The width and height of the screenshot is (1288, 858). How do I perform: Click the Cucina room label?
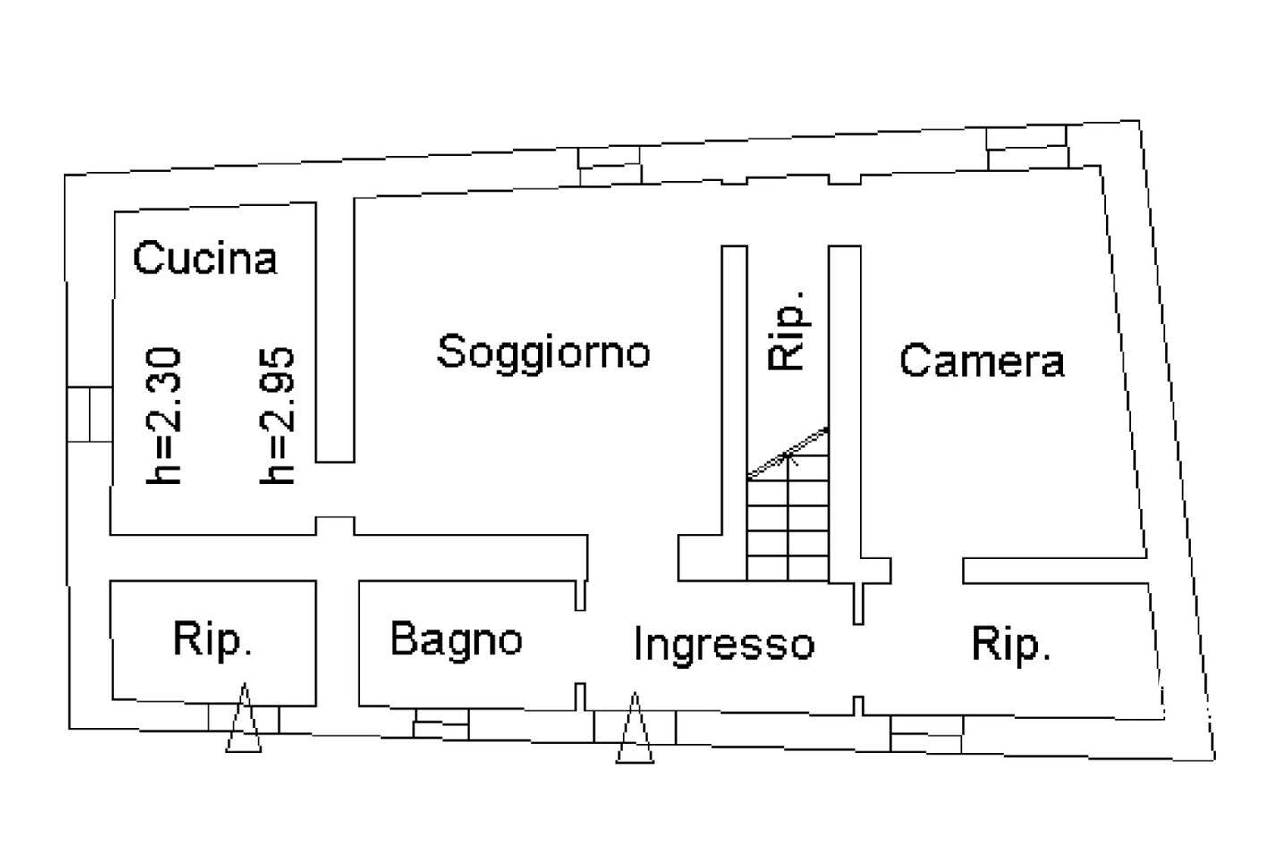(206, 258)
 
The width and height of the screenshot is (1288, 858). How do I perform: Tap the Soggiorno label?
(544, 353)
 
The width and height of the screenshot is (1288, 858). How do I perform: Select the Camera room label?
(982, 360)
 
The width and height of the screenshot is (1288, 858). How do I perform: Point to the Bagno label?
(456, 640)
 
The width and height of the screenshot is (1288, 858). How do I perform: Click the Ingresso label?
(724, 645)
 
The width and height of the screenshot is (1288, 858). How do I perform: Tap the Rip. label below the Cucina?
(213, 640)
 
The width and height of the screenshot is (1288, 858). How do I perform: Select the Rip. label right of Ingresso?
(1012, 644)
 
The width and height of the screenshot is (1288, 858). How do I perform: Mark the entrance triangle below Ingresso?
(635, 728)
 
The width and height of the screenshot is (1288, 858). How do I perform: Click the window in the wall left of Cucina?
(89, 415)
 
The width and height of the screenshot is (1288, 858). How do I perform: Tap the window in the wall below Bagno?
(441, 724)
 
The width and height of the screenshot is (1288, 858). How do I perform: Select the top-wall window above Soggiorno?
(609, 166)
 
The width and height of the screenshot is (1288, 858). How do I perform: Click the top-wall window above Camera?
(1028, 148)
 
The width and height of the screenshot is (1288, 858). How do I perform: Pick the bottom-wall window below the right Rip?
(927, 734)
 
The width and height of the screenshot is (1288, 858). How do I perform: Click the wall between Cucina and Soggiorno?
(335, 331)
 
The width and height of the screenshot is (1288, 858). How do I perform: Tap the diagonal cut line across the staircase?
(788, 453)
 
